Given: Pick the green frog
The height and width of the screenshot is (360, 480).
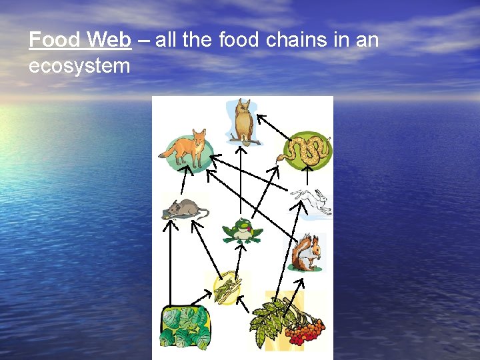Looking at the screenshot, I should pyautogui.click(x=243, y=231).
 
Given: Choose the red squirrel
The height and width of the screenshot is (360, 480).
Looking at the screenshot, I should pyautogui.click(x=307, y=252).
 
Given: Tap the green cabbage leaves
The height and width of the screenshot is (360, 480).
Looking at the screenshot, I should pyautogui.click(x=185, y=326).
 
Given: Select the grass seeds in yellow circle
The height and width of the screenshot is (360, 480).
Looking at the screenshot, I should pyautogui.click(x=227, y=287).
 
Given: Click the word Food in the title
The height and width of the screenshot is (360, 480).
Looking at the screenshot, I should pyautogui.click(x=55, y=41).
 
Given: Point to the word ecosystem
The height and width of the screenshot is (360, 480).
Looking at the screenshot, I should pyautogui.click(x=79, y=66).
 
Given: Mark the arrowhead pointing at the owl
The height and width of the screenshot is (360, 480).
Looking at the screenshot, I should pyautogui.click(x=261, y=117).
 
